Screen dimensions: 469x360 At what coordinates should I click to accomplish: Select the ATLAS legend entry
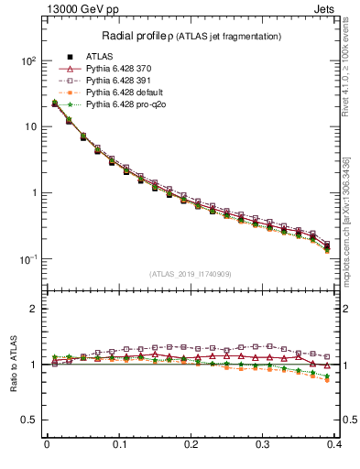(x=101, y=57)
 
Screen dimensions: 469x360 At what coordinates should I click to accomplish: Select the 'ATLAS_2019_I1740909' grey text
(x=191, y=274)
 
